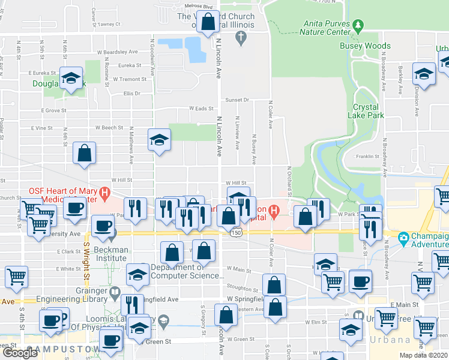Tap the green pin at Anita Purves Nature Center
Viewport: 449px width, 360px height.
coord(358,26)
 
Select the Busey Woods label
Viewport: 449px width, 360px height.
coord(365,46)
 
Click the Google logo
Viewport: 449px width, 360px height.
coord(20,353)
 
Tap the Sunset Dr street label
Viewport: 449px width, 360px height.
coord(237,100)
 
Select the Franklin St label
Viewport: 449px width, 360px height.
coord(367,157)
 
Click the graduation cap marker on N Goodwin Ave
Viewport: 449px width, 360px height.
coord(159,140)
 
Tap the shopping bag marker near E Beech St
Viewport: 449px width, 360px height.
coord(85,153)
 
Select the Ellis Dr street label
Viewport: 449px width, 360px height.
coord(131,94)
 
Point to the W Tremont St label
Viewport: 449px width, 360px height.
coord(125,79)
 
